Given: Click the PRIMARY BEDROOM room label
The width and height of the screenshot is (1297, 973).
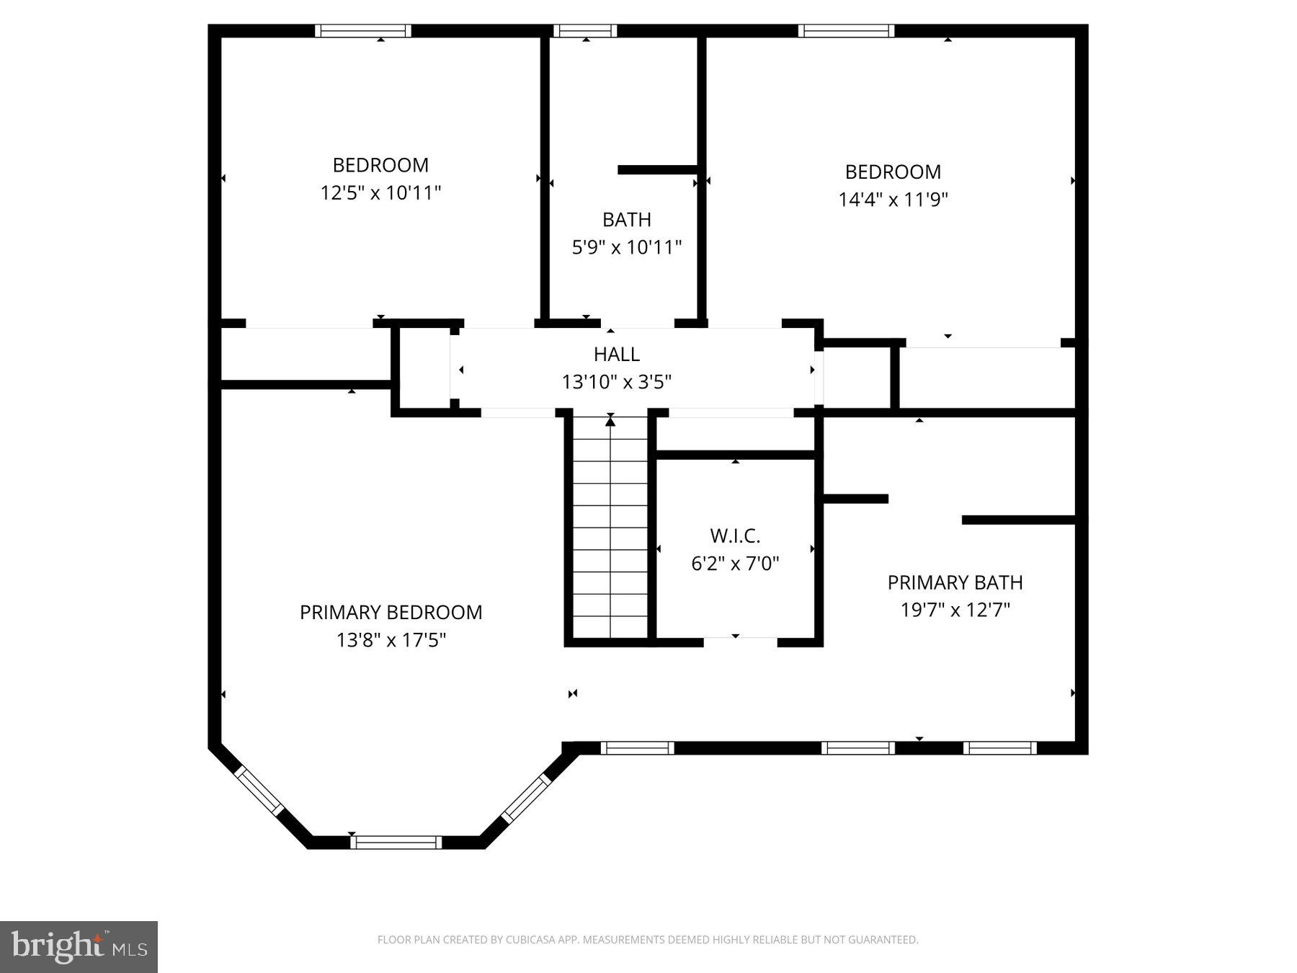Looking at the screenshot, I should (x=391, y=613).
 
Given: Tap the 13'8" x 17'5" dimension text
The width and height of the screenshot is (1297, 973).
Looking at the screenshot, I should (x=391, y=640).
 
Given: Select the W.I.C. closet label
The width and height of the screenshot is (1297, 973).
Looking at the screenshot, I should (x=735, y=536).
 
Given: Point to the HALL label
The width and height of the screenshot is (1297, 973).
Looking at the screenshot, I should (x=616, y=354).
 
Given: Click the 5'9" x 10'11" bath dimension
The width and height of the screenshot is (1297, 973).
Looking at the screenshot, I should (x=626, y=248).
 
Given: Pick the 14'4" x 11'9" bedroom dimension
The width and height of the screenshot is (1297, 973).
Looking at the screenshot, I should (x=893, y=200).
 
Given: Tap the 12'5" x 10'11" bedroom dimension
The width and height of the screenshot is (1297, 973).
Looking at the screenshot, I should (x=380, y=193).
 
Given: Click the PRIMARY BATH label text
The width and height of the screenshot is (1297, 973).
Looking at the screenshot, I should (x=955, y=582).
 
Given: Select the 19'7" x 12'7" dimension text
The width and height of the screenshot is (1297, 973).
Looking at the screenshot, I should (x=955, y=610).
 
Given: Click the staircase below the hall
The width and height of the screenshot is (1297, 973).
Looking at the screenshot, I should (x=610, y=530).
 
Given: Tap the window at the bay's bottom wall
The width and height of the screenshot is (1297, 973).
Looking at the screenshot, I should (x=396, y=842).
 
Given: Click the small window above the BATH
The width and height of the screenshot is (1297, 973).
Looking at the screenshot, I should (x=585, y=31).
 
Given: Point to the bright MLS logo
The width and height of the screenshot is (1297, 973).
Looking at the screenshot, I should (x=79, y=946).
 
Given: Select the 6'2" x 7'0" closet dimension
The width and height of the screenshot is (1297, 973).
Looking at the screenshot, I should (x=735, y=564).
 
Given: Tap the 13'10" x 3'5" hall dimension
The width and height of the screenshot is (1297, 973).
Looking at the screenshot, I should (x=616, y=382).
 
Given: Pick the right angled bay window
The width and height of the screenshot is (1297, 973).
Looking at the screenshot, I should (x=526, y=798).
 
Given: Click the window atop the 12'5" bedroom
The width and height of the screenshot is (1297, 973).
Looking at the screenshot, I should (x=363, y=31).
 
